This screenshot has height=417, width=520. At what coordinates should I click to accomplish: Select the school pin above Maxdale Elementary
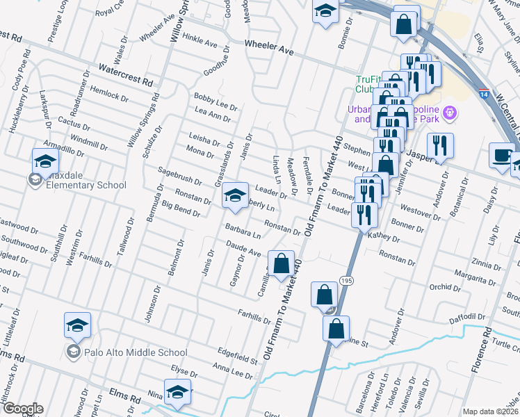pos(45,162)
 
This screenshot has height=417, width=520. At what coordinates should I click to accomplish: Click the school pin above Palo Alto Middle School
pos(77,325)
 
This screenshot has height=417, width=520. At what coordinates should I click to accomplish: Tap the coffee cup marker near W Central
pos(501,156)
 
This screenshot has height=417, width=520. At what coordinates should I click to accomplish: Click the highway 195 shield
pos(346,279)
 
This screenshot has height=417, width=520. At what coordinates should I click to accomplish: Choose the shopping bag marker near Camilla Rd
pos(281,264)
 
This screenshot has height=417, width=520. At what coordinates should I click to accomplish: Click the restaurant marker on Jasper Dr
pos(439,146)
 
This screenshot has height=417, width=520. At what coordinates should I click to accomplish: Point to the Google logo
pos(23,408)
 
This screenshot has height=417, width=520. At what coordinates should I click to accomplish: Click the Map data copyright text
pos(491,411)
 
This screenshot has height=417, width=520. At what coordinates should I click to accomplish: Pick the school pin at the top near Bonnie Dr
pos(325,12)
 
